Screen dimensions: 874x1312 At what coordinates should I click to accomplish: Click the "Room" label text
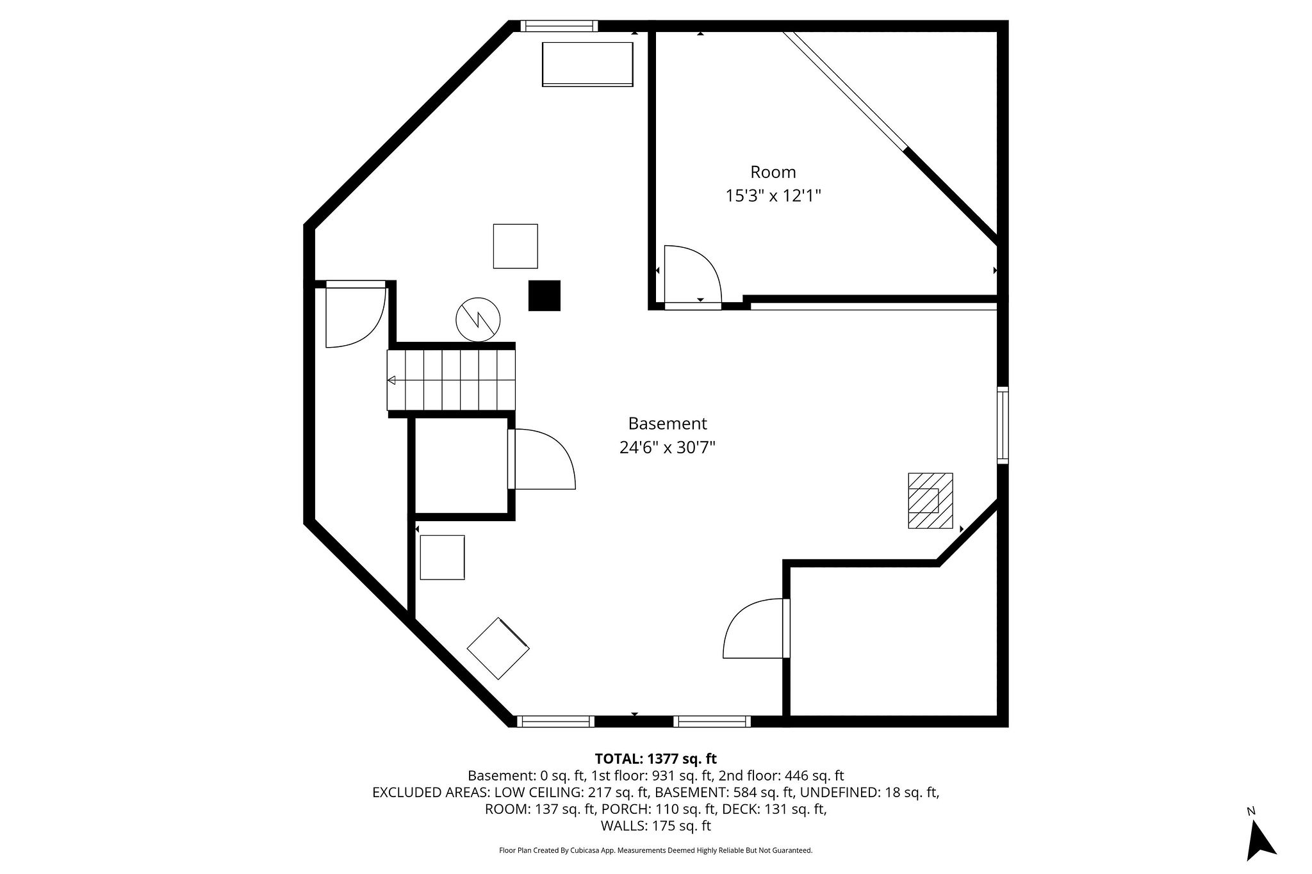click(773, 172)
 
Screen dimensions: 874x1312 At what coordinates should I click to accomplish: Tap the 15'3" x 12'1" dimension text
click(773, 196)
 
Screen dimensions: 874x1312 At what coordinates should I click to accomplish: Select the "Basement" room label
click(667, 424)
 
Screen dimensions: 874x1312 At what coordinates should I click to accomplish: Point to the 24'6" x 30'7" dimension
click(667, 448)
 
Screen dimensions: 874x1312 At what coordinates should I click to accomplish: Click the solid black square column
click(544, 296)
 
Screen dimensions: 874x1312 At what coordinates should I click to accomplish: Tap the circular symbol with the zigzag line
click(478, 319)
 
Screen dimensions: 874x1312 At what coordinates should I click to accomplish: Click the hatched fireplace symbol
click(930, 501)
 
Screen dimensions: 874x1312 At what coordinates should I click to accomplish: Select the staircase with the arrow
click(451, 380)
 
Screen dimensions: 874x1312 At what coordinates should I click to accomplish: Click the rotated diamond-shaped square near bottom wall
click(498, 649)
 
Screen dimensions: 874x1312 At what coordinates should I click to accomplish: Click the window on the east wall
click(1003, 425)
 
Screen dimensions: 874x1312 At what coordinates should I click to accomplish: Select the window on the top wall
click(559, 26)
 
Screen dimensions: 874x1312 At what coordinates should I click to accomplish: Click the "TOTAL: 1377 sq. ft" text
click(655, 759)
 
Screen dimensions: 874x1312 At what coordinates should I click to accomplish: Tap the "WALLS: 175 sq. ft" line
click(655, 826)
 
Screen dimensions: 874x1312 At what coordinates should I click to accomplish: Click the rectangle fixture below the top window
click(587, 64)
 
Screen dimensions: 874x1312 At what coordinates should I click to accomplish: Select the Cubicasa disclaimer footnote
click(655, 850)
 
